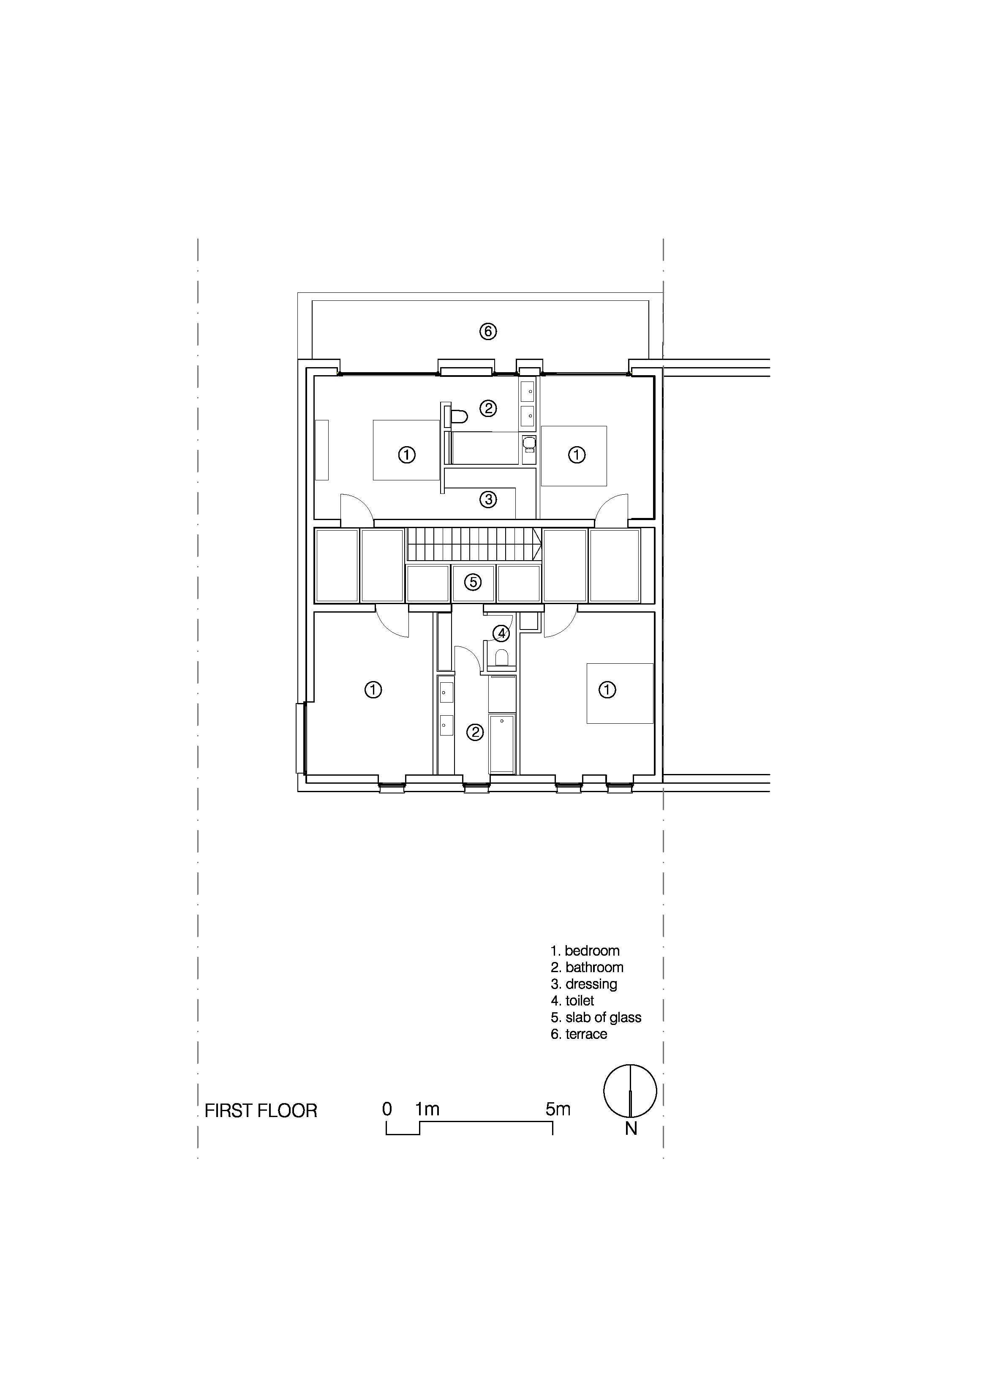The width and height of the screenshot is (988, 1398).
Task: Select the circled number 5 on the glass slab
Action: (473, 582)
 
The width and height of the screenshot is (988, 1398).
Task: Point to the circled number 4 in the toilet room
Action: (501, 634)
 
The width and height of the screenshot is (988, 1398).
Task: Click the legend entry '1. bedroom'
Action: (585, 951)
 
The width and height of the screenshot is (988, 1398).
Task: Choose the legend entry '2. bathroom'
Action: (587, 967)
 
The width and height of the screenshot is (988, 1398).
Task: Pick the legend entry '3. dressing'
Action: (584, 984)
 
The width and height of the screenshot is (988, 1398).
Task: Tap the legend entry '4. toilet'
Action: (572, 1001)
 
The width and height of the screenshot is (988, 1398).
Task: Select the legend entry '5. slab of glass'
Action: (596, 1017)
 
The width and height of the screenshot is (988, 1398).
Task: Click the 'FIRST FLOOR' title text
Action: (261, 1111)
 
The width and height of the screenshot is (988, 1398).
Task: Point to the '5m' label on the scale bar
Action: (558, 1109)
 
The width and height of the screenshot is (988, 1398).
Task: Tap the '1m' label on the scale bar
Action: (427, 1109)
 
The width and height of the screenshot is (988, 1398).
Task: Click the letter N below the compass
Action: (631, 1129)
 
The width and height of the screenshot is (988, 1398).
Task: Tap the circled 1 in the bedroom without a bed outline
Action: (373, 690)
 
